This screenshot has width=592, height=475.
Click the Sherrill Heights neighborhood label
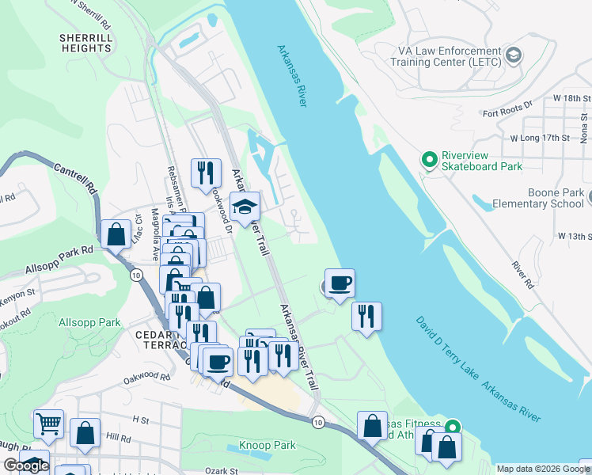point(85,43)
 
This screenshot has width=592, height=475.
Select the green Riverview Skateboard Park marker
point(430,161)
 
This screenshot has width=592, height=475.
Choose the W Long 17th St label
point(541,138)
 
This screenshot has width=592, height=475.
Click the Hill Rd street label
point(118,437)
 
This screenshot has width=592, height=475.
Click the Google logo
point(26,465)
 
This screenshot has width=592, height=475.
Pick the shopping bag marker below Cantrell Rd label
point(116,234)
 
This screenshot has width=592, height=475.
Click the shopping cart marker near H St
point(49,424)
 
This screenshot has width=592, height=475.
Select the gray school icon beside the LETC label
point(514,55)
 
